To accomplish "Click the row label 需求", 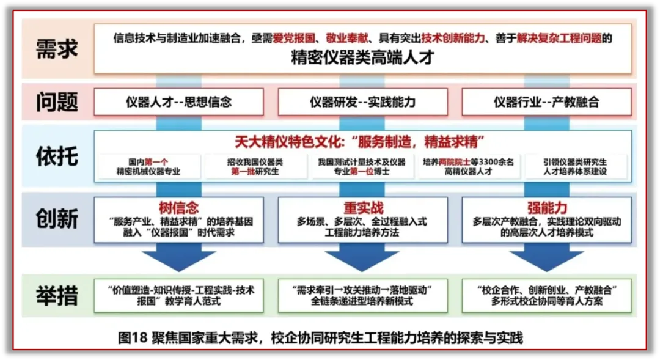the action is point(57,49).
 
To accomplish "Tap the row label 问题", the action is point(57,102).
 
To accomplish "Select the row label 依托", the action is point(57,156).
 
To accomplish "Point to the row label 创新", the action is point(57,218).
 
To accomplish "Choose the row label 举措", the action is point(57,296).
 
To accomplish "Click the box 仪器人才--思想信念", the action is point(178,102).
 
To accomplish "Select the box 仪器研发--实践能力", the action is point(362,102).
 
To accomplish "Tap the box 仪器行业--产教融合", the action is point(546,102).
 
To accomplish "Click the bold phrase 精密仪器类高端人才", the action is point(362,58).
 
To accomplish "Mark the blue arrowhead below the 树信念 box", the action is point(178,260).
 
